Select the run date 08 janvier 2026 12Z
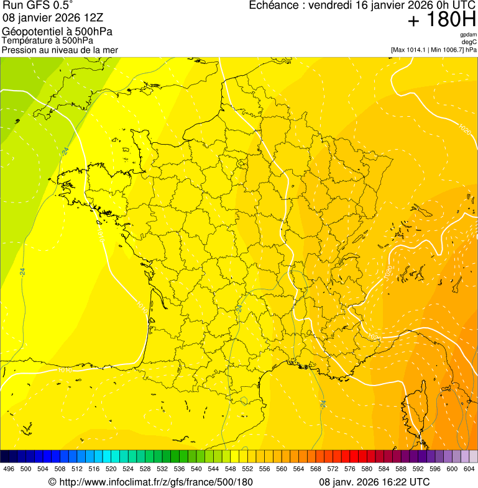pyautogui.click(x=48, y=18)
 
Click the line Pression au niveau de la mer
pyautogui.click(x=60, y=50)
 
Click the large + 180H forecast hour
pyautogui.click(x=441, y=20)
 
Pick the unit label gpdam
pyautogui.click(x=468, y=35)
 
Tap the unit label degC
pyautogui.click(x=469, y=42)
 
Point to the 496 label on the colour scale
pyautogui.click(x=9, y=469)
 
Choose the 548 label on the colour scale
pyautogui.click(x=230, y=469)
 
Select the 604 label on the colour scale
pyautogui.click(x=469, y=469)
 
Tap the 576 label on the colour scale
pyautogui.click(x=349, y=469)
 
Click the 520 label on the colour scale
pyautogui.click(x=111, y=469)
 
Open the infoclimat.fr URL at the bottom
pyautogui.click(x=155, y=482)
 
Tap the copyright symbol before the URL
pyautogui.click(x=52, y=482)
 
